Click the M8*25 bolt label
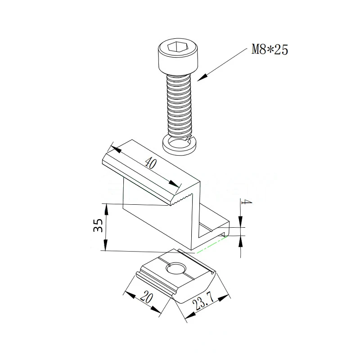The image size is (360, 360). [270, 49]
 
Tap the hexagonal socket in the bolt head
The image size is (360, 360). [175, 47]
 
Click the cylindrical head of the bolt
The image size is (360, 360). [178, 57]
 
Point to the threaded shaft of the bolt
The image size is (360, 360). [179, 106]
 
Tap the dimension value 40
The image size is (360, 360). [151, 163]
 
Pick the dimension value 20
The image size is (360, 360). [147, 297]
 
